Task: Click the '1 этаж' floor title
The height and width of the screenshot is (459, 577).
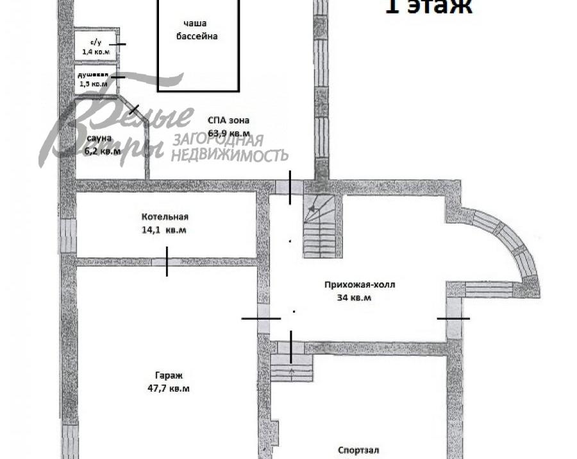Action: (x=428, y=6)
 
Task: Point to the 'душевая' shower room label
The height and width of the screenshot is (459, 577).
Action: (x=97, y=74)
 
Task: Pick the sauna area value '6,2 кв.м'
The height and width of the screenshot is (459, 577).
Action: (x=102, y=152)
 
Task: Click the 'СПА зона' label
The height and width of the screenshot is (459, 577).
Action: (x=228, y=120)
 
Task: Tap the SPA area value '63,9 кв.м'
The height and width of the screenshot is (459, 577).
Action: (x=229, y=134)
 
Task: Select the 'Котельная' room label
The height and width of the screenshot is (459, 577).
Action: (x=165, y=217)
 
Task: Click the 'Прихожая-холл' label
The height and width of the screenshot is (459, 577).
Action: (x=355, y=284)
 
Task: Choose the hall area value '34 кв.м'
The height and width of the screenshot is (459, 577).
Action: (x=354, y=297)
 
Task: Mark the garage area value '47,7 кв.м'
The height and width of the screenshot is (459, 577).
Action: (x=168, y=388)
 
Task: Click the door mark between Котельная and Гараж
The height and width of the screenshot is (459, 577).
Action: (x=167, y=262)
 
